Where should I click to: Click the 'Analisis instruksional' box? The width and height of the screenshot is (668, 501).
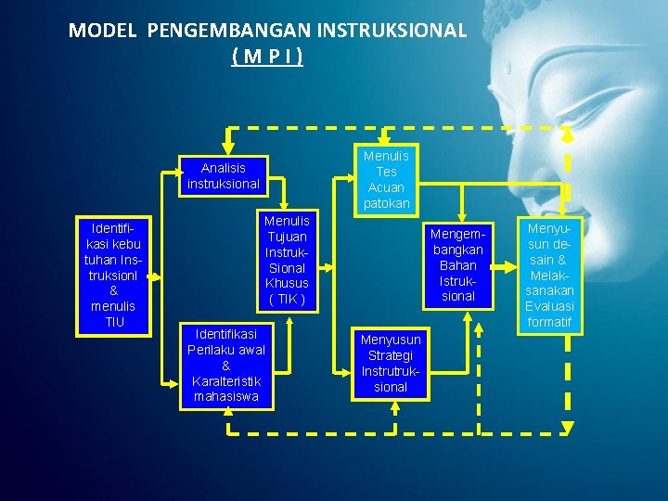223,176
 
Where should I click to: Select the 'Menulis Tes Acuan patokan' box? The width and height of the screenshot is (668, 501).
386,179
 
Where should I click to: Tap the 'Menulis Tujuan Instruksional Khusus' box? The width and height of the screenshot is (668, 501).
288,260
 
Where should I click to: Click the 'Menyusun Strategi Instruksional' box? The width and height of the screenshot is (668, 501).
391,362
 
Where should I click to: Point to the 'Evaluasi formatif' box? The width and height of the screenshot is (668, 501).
549,275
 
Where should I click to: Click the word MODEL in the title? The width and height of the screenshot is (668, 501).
102,31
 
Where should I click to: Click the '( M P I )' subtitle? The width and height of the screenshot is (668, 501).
267,57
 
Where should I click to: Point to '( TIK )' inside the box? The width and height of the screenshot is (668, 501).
288,299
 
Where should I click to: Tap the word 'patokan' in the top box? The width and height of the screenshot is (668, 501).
386,203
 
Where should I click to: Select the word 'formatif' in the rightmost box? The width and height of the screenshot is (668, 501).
549,322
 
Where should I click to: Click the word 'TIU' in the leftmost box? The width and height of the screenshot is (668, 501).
113,322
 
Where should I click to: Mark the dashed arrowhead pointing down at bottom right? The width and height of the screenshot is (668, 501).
568,428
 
